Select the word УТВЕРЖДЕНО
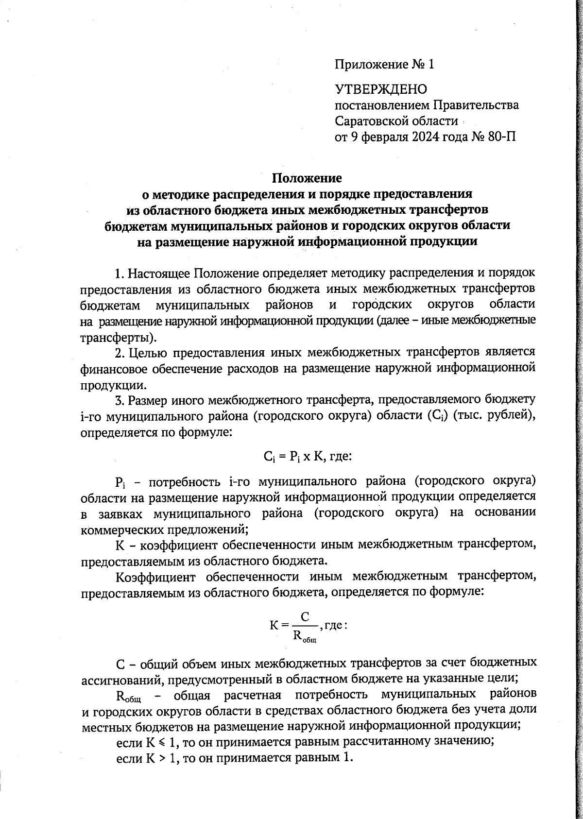[381, 89]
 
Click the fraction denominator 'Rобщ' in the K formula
[305, 636]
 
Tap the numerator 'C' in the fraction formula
[305, 617]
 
